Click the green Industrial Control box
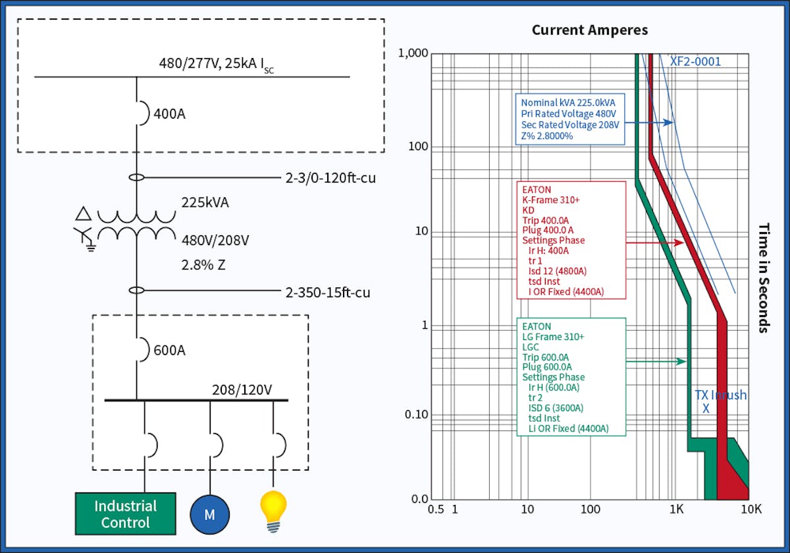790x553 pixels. (x=125, y=514)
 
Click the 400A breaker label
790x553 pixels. (x=169, y=114)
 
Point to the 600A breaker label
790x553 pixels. (x=169, y=350)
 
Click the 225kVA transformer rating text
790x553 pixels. (x=205, y=202)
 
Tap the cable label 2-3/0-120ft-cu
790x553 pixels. (x=330, y=178)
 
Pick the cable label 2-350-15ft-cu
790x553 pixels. (x=327, y=291)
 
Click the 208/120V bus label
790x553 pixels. (x=242, y=390)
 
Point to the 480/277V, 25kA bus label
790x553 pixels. (x=216, y=65)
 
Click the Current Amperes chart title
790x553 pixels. (x=590, y=30)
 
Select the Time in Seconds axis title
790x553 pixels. (x=764, y=277)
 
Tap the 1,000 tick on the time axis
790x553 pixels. (x=413, y=53)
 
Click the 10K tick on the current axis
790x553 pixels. (x=750, y=509)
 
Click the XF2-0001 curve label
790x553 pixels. (x=695, y=61)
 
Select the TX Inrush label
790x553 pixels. (x=720, y=395)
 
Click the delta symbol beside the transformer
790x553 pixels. (x=84, y=213)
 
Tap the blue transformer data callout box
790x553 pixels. (x=569, y=119)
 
